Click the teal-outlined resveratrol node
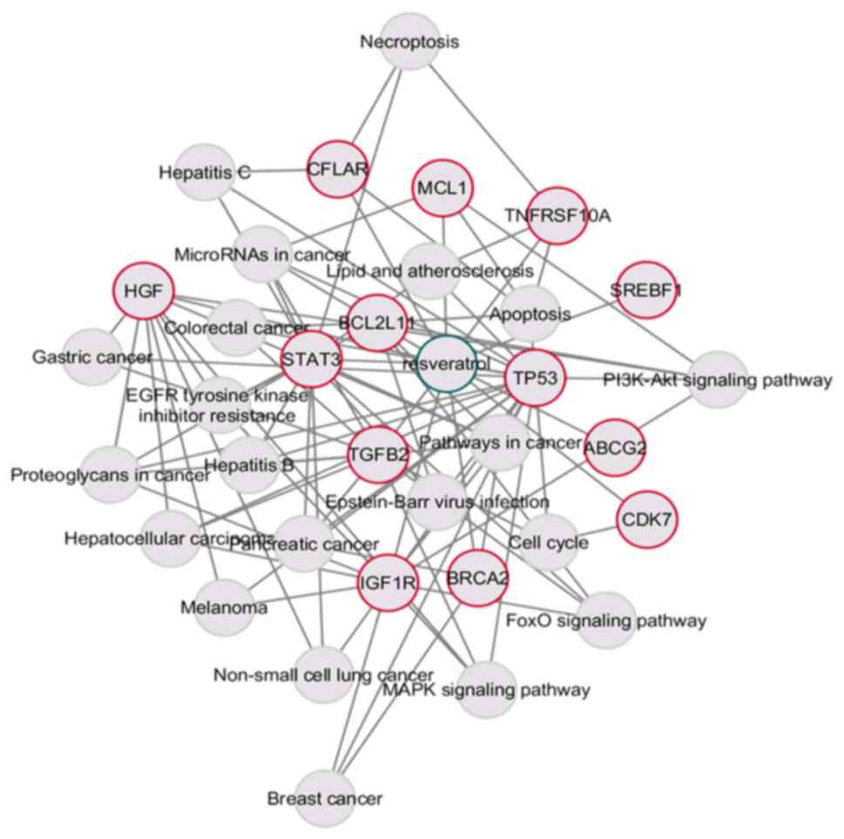[x=447, y=362]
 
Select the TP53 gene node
[x=533, y=377]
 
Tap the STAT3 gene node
[x=309, y=358]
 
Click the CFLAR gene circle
[x=336, y=169]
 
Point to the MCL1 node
[x=441, y=188]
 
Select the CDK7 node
[x=648, y=520]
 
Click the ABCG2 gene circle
[x=615, y=447]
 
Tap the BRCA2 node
[x=477, y=578]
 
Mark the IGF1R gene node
[x=387, y=583]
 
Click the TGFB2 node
[x=378, y=454]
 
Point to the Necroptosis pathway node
[x=409, y=41]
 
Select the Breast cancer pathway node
[x=324, y=796]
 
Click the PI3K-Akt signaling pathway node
[x=719, y=379]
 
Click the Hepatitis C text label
[x=205, y=173]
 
